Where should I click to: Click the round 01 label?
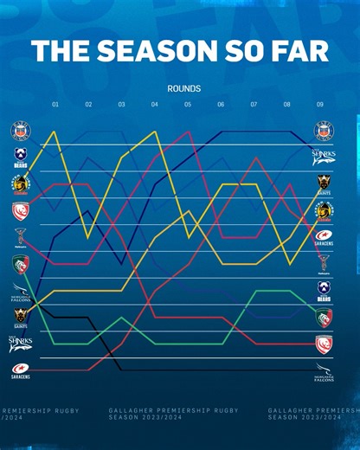pos(55,105)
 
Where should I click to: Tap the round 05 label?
pos(188,105)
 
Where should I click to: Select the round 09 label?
pos(320,105)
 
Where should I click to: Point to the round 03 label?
pos(121,105)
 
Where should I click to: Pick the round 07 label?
pos(254,105)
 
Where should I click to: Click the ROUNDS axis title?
pos(184,88)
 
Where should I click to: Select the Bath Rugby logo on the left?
pos(20,131)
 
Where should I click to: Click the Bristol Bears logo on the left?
pos(20,157)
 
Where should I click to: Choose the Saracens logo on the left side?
pos(20,372)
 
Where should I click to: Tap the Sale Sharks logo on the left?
pos(20,344)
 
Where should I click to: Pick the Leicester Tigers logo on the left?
pos(20,264)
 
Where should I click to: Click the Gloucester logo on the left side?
pos(20,211)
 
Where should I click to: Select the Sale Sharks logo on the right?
pos(324,157)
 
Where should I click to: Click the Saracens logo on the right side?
pos(324,237)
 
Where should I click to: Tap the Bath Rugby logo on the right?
pos(324,131)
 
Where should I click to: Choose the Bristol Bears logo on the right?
pos(324,291)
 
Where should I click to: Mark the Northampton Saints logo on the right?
pos(324,183)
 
